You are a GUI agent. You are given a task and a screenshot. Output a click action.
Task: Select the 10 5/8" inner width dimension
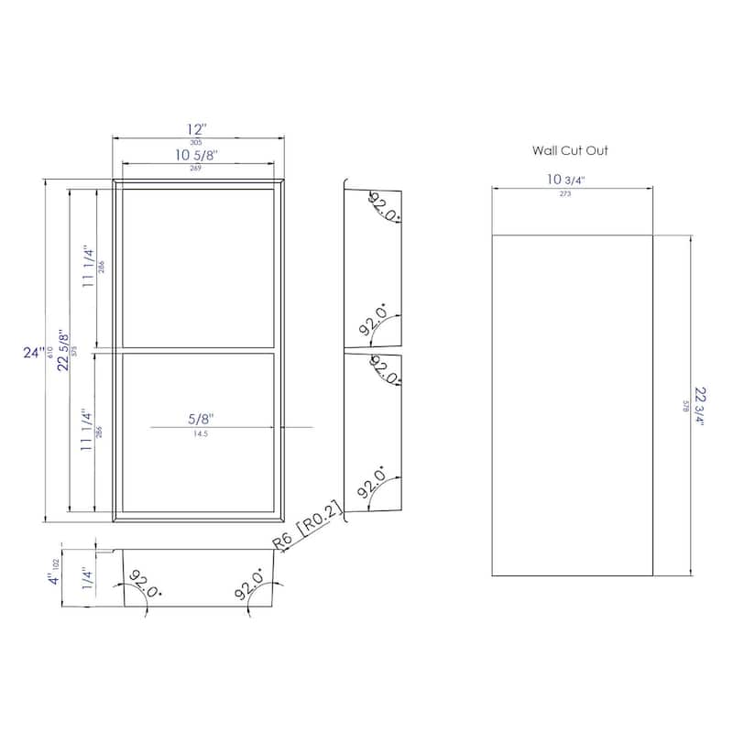click(x=196, y=155)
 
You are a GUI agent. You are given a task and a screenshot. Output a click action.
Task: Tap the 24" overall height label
click(x=34, y=352)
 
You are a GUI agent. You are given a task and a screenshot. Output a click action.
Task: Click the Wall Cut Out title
click(x=570, y=150)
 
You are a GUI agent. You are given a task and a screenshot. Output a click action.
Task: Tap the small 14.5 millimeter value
click(x=198, y=434)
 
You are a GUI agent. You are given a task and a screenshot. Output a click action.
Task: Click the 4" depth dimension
click(x=42, y=579)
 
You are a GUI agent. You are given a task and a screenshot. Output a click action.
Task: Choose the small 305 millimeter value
click(x=196, y=142)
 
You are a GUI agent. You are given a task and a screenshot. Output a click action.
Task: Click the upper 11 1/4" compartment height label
click(x=89, y=267)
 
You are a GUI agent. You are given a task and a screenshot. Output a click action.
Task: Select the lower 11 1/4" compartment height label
click(x=89, y=431)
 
